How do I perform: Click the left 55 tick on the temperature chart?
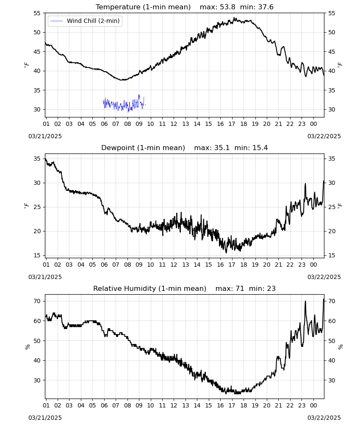tap(37, 13)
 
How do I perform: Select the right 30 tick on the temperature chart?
tap(331, 109)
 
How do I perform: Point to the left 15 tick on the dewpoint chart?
tap(37, 255)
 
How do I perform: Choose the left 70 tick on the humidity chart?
tap(37, 301)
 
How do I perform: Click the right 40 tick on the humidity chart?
tap(331, 360)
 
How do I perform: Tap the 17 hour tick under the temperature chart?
tap(232, 124)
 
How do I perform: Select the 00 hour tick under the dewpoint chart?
tap(313, 265)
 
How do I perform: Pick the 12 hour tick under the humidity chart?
tap(174, 405)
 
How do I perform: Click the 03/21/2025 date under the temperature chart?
tap(45, 136)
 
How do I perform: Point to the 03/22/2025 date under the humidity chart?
tap(324, 418)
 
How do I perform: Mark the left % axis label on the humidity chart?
tap(27, 347)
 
